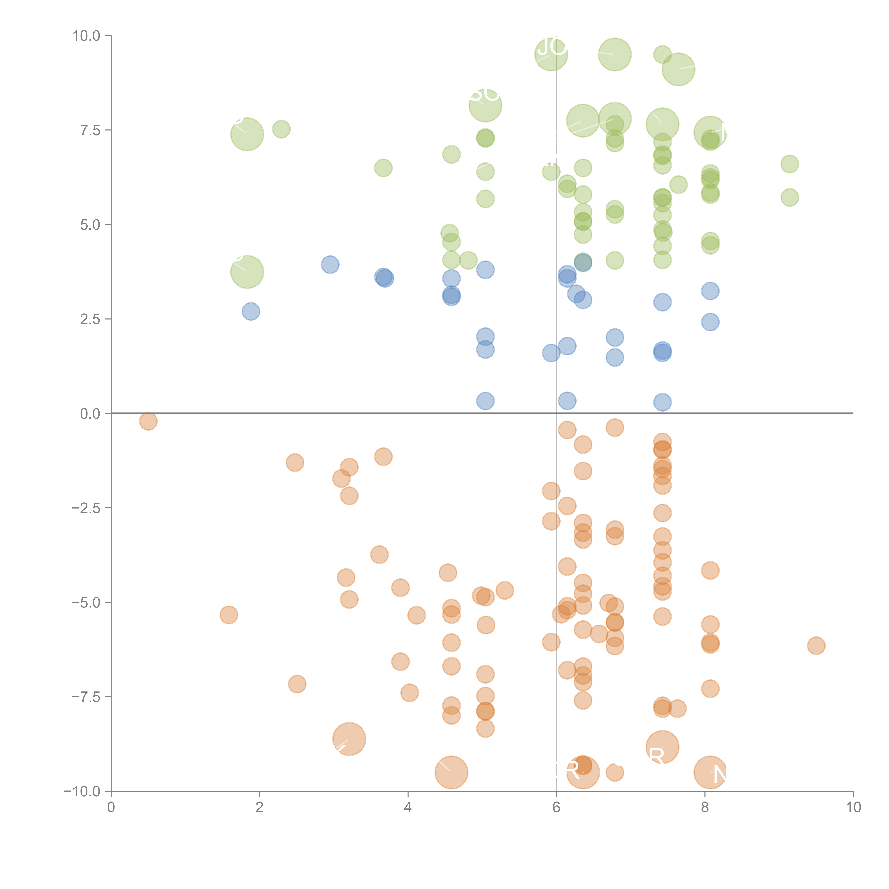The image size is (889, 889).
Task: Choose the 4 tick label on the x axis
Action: click(408, 808)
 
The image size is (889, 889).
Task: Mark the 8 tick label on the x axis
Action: click(705, 808)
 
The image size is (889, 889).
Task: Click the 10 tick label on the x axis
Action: click(853, 808)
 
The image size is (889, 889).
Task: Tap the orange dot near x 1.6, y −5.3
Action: click(229, 615)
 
